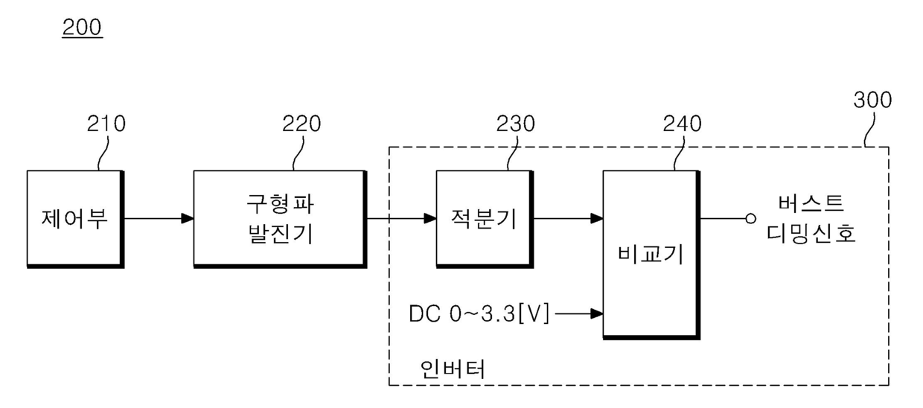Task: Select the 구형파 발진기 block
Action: pos(279,219)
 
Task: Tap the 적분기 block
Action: pos(483,219)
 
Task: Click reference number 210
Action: pos(106,124)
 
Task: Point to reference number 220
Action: pos(301,124)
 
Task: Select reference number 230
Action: pos(514,124)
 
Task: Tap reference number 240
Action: pos(682,124)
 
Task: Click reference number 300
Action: pos(872,100)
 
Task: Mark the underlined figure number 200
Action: pos(82,28)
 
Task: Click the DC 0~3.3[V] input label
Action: pos(479,314)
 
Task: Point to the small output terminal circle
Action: pos(750,219)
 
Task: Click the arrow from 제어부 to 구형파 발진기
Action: pos(158,219)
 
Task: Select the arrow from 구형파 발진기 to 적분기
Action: pos(400,219)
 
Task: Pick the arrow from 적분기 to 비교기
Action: pos(568,219)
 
